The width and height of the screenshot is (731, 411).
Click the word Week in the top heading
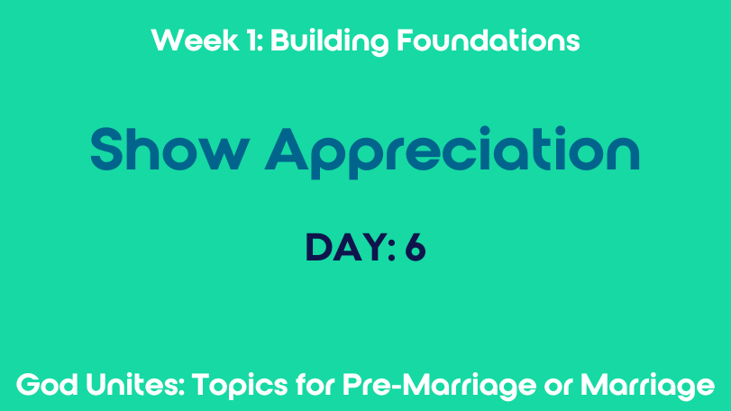click(x=195, y=40)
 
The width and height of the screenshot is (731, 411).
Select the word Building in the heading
click(x=329, y=41)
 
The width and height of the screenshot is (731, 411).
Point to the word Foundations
click(x=489, y=40)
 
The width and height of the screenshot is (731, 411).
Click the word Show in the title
click(x=169, y=149)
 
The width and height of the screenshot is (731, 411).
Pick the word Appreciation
click(x=452, y=152)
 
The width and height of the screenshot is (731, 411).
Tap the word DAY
click(x=345, y=248)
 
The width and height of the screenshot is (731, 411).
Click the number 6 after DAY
click(x=415, y=248)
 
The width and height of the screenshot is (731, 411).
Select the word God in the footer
click(x=47, y=386)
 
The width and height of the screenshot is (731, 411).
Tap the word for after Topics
click(x=315, y=385)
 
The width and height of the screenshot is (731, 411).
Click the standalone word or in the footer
click(x=558, y=388)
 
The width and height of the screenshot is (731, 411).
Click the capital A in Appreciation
click(x=287, y=149)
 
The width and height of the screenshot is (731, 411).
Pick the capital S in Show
click(x=107, y=149)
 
